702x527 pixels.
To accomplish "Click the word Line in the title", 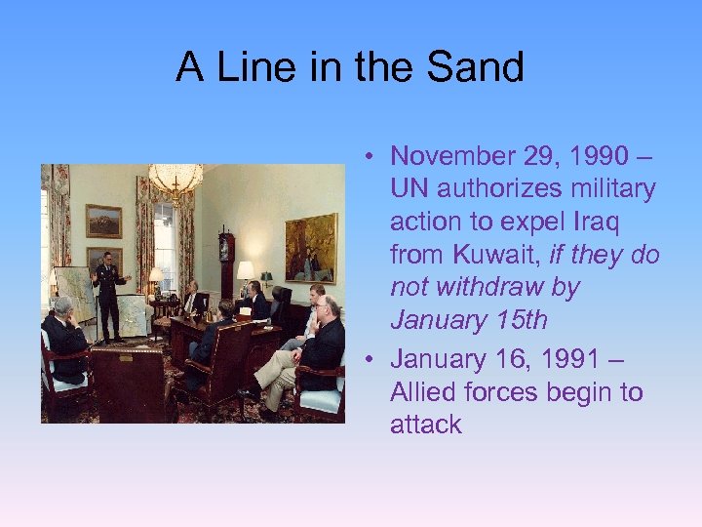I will (x=253, y=67).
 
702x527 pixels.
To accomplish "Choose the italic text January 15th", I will (x=468, y=321).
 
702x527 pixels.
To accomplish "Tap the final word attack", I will (x=425, y=425).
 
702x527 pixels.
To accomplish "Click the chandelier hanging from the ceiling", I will (x=175, y=182).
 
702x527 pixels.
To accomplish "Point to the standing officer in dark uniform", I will (x=108, y=293).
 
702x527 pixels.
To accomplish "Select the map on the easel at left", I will (x=74, y=294).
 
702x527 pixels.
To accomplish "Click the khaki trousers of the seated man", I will (x=278, y=371).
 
